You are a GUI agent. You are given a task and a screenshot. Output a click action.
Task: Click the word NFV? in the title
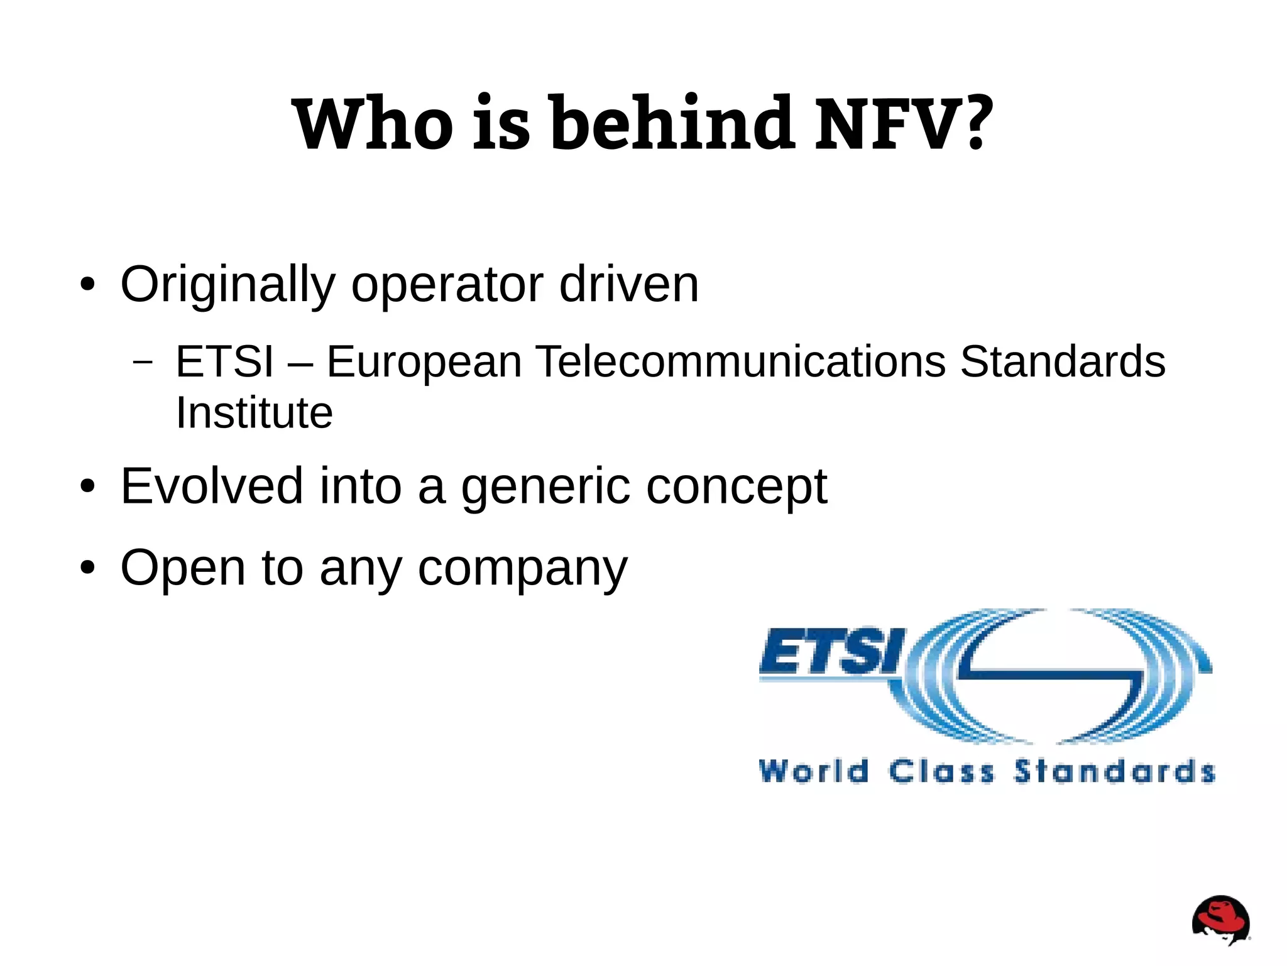tap(904, 124)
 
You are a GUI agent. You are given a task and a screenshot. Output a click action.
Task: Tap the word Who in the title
tap(372, 124)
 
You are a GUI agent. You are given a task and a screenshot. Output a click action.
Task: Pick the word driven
tap(628, 285)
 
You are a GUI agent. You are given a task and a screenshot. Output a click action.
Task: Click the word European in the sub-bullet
tap(424, 363)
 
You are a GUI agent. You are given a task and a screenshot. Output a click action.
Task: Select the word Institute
tap(254, 413)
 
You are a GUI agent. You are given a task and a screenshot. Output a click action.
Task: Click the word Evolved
tap(212, 486)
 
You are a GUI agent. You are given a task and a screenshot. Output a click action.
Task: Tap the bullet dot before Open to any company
tap(87, 568)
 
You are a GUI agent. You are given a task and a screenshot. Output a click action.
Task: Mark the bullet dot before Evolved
tap(87, 486)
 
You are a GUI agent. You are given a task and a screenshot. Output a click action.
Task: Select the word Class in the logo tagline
tap(941, 771)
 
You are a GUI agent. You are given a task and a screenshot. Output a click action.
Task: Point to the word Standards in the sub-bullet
tap(1062, 362)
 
